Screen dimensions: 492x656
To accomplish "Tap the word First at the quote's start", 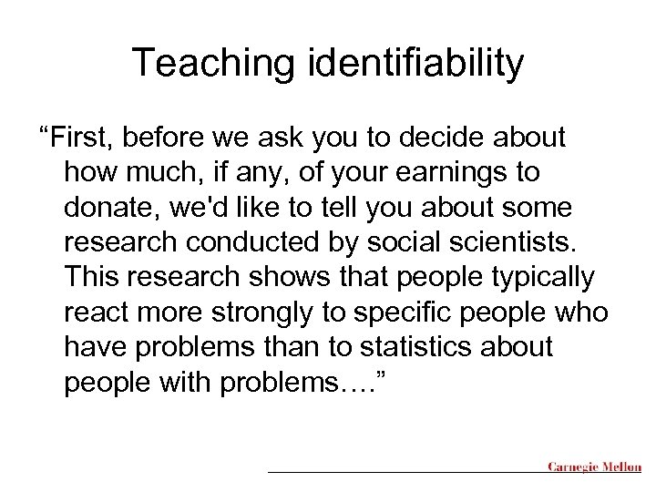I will point(89,138).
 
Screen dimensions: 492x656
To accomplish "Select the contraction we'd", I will point(206,207).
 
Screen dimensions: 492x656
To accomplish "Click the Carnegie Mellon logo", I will point(593,467).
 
